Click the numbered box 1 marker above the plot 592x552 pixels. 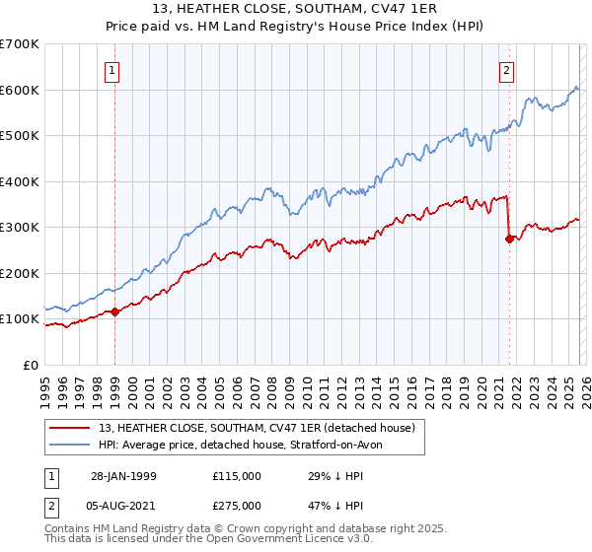[113, 71]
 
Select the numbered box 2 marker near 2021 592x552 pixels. [506, 71]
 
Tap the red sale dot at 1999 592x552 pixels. [115, 311]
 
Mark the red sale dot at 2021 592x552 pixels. [509, 239]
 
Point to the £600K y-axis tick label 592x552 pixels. [20, 90]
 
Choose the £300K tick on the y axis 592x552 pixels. [20, 228]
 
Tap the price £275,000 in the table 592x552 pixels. [237, 507]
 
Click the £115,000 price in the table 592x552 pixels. [237, 475]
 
